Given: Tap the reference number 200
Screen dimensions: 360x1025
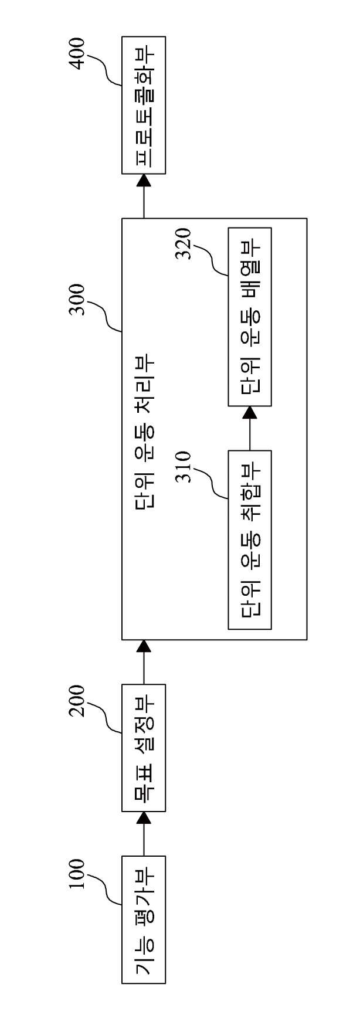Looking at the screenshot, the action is [x=77, y=701].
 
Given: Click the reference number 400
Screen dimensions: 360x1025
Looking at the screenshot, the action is [x=77, y=53].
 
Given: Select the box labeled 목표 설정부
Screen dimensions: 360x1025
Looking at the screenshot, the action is [x=144, y=748].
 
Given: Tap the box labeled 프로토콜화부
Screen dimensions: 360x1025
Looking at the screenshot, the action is [x=144, y=105].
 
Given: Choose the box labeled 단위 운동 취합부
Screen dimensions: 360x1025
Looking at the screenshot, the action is [x=250, y=539].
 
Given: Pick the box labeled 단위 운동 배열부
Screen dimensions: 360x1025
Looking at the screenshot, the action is [x=250, y=317].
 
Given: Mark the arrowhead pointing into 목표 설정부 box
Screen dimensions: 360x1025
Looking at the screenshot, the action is [x=144, y=819].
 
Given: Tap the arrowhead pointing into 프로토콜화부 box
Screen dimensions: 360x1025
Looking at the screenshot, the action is [x=144, y=181].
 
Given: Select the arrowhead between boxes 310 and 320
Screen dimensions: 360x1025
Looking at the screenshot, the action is [x=250, y=413].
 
